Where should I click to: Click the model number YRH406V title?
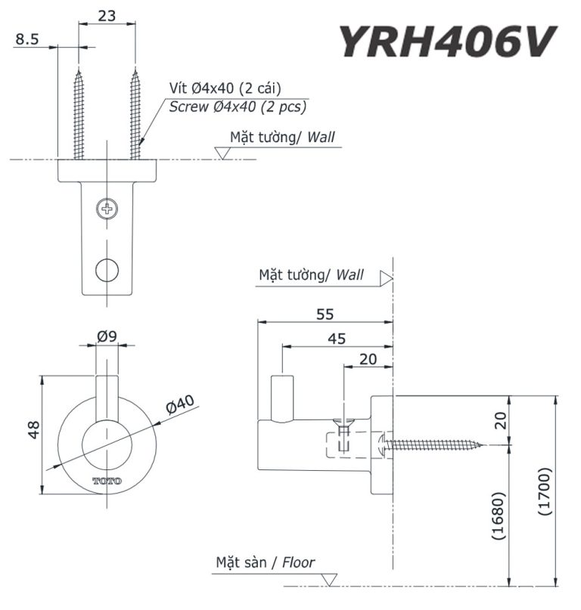point(446,41)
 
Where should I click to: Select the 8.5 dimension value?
point(27,39)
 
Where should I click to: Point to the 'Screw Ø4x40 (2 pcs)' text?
point(238,107)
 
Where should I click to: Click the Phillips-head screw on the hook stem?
point(107,207)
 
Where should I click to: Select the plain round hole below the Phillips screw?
point(107,268)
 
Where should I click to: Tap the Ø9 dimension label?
point(107,338)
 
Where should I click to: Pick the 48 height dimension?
point(33,430)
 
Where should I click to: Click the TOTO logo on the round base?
point(107,481)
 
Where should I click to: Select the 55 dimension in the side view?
point(325,313)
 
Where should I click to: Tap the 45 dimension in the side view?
point(337,339)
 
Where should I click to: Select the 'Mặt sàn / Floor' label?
point(265,562)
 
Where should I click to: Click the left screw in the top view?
point(79,113)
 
